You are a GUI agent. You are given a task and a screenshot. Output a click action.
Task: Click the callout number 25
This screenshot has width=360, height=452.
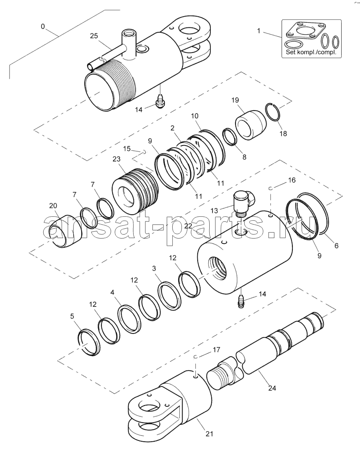[x=94, y=36]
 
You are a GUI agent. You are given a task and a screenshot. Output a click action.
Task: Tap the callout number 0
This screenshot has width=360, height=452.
[x=43, y=27]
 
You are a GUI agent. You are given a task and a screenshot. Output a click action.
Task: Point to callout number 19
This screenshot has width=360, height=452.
[x=235, y=100]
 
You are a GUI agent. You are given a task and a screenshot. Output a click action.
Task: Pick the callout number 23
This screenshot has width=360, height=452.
[x=117, y=159]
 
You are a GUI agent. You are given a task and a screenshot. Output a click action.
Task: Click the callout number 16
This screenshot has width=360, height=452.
[x=292, y=180]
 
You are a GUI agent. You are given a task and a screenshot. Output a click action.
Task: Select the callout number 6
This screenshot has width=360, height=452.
[x=337, y=246]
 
